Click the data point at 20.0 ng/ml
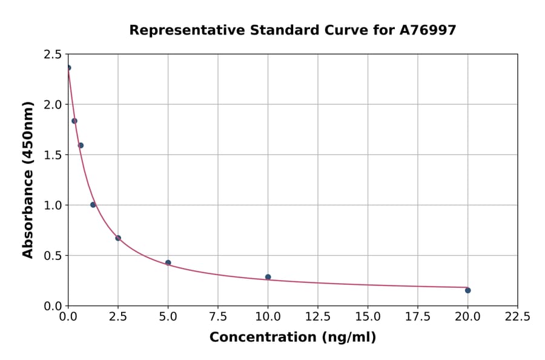click(467, 290)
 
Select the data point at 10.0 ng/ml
click(268, 277)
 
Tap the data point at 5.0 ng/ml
click(168, 262)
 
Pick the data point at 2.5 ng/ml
click(118, 238)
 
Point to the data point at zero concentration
click(68, 68)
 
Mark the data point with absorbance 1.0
click(93, 205)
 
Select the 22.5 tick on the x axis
click(517, 316)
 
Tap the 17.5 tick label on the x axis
click(417, 316)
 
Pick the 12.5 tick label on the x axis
click(317, 316)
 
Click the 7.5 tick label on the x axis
click(218, 316)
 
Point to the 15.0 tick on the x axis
click(368, 316)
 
